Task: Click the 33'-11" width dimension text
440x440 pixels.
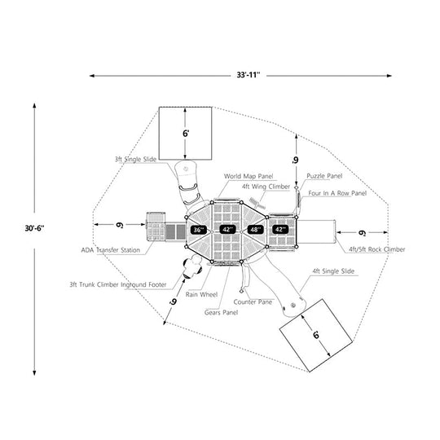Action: pyautogui.click(x=249, y=75)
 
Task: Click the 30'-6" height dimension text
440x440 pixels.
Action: pyautogui.click(x=34, y=228)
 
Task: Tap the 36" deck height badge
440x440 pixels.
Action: pyautogui.click(x=199, y=230)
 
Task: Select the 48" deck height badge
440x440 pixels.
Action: pyautogui.click(x=255, y=230)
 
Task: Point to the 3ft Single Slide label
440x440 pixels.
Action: pyautogui.click(x=135, y=159)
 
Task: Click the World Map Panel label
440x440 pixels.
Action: pyautogui.click(x=249, y=176)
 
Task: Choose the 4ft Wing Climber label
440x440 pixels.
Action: pyautogui.click(x=266, y=187)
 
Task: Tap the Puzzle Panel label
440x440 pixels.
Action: pyautogui.click(x=324, y=176)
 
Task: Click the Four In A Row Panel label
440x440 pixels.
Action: pyautogui.click(x=337, y=193)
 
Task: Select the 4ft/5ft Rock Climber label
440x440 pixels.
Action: pyautogui.click(x=377, y=249)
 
